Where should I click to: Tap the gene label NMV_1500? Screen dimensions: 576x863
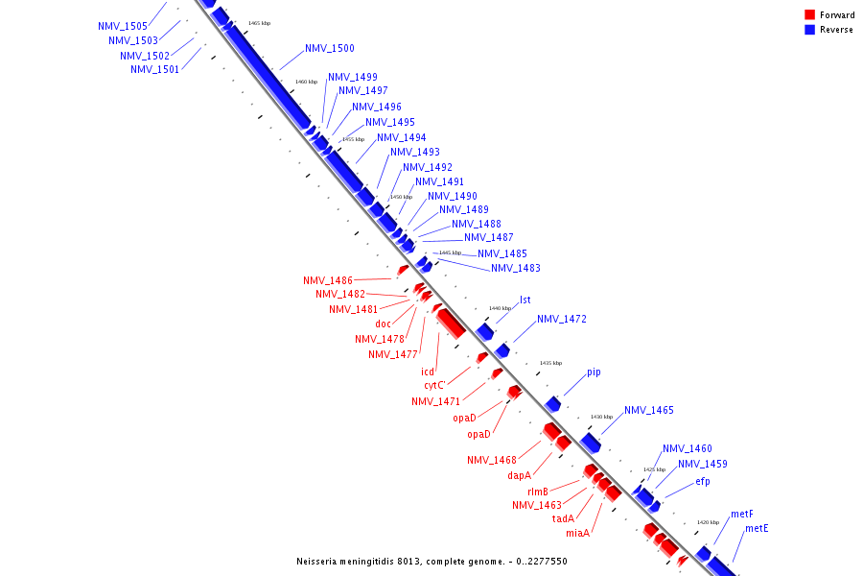(x=330, y=49)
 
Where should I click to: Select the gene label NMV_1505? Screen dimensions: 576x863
(x=123, y=27)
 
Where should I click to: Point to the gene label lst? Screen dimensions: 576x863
(x=525, y=300)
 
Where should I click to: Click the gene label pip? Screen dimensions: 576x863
(x=594, y=372)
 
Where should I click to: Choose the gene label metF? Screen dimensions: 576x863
(x=742, y=515)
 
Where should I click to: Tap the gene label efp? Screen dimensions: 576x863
(x=703, y=482)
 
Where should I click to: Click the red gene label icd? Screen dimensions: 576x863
(x=428, y=372)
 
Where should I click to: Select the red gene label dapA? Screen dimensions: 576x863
(x=520, y=475)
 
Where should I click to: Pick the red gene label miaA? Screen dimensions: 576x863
(x=577, y=534)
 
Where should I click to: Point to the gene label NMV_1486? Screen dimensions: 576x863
(x=328, y=281)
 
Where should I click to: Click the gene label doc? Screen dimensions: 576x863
(x=383, y=324)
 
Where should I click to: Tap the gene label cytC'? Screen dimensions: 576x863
(x=436, y=386)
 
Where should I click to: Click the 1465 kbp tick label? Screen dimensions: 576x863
(x=259, y=23)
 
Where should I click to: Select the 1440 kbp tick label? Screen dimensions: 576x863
(x=500, y=308)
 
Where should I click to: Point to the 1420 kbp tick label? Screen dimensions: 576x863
(x=708, y=522)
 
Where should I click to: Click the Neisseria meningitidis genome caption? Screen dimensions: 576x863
(x=431, y=561)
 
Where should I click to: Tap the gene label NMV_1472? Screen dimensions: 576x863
(x=562, y=320)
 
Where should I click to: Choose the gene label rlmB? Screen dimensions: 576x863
(x=538, y=492)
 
